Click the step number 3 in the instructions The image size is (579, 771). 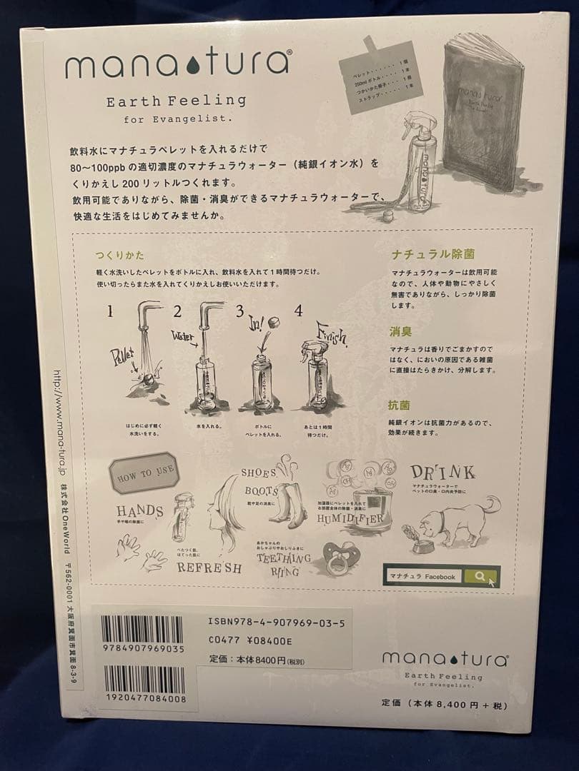click(240, 311)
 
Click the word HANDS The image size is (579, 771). click(139, 511)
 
